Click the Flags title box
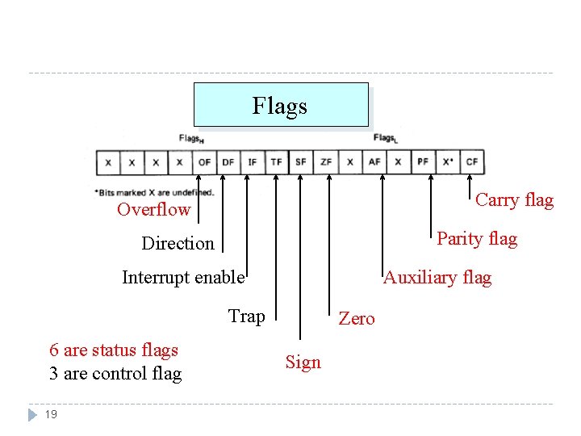point(280,106)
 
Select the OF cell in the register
point(204,162)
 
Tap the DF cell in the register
point(228,162)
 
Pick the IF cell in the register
point(253,162)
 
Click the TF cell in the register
point(277,162)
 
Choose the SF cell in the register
point(301,162)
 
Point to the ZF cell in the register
point(325,162)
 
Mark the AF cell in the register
point(374,162)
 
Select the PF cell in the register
point(423,162)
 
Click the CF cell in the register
point(472,162)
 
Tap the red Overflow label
point(153,210)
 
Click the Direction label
point(178,244)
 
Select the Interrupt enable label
point(183,278)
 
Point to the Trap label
point(246,316)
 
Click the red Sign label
point(303,363)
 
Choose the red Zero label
point(357,319)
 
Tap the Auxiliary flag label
point(437,278)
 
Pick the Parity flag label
point(477,239)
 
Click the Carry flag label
point(514,200)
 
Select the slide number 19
point(51,414)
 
